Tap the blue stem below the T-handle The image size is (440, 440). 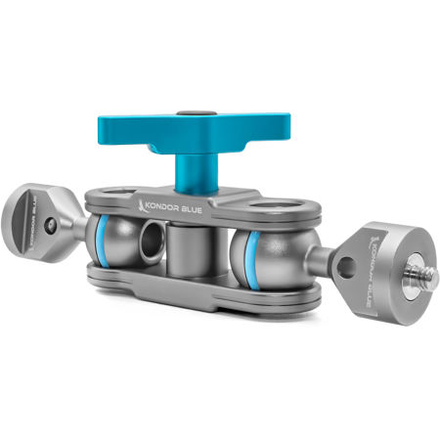[192, 169]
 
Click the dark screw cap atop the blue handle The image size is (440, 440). [201, 115]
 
